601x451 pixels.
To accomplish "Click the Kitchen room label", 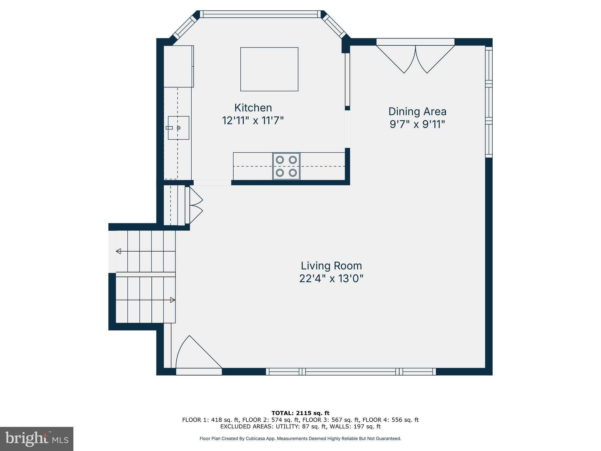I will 253,108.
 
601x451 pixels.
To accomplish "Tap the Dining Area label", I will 417,112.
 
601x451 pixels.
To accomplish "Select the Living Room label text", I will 331,266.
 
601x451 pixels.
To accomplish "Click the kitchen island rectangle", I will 269,69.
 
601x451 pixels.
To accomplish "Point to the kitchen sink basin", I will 178,128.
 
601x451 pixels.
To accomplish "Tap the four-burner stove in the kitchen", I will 286,166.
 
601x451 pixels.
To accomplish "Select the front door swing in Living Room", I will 197,354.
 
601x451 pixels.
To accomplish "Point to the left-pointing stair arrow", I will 119,251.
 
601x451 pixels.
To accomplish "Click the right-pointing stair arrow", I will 173,300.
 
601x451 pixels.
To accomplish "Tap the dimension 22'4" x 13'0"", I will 331,279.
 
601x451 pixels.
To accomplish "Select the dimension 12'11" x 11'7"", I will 253,121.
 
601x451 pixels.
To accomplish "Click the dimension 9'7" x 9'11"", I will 417,124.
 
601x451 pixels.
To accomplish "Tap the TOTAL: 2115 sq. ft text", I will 300,413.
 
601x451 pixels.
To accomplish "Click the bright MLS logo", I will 37,439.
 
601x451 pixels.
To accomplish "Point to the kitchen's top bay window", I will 260,14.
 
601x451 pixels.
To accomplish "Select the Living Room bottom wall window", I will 351,372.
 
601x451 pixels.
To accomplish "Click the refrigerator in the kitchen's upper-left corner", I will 178,66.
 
